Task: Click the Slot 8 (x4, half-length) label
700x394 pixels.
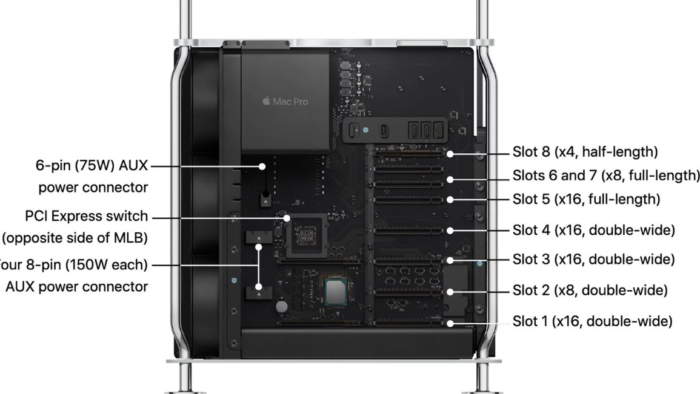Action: click(585, 151)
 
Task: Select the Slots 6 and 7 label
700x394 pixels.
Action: click(606, 176)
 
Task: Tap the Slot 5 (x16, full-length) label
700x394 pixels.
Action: click(586, 199)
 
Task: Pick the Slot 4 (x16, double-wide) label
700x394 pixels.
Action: click(593, 230)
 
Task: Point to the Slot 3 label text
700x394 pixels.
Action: click(593, 259)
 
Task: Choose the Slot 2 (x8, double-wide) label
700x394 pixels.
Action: click(590, 291)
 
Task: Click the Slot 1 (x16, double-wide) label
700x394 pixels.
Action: click(592, 321)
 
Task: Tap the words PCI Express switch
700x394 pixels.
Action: click(87, 216)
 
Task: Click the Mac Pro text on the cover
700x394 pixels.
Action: click(290, 102)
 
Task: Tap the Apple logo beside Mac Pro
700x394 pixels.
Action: click(266, 101)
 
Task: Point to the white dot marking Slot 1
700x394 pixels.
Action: click(450, 323)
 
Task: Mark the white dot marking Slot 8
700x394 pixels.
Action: click(450, 154)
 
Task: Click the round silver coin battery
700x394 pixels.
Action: click(282, 307)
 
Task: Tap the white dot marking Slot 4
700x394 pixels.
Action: click(450, 230)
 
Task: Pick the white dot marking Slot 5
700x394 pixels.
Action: click(450, 199)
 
